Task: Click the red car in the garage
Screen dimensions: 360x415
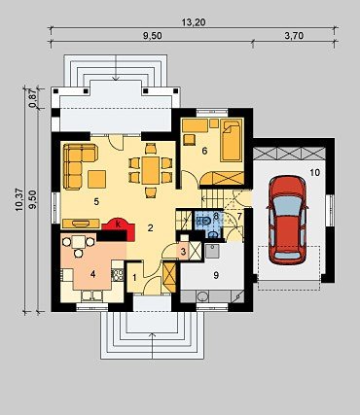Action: click(x=286, y=221)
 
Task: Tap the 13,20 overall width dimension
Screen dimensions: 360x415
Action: click(x=194, y=22)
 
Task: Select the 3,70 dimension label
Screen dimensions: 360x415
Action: click(x=294, y=36)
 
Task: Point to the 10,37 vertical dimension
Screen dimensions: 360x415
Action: click(x=19, y=199)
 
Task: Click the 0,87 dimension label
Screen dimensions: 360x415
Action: click(x=32, y=97)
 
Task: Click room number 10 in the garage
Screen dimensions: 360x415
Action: click(x=314, y=172)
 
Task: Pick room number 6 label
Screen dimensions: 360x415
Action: click(x=204, y=151)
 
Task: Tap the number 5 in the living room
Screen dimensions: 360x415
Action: click(x=96, y=202)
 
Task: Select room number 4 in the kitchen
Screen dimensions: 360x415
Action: click(x=93, y=274)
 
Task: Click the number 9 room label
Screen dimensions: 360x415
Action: click(x=216, y=275)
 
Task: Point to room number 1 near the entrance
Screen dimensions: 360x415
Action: click(x=134, y=278)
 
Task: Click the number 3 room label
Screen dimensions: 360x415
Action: click(x=183, y=252)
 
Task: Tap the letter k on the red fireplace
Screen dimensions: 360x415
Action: click(x=119, y=224)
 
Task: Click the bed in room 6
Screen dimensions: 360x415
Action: click(x=232, y=140)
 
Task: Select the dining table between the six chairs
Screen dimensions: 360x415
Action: click(x=151, y=170)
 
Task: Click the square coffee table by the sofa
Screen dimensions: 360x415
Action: click(x=96, y=179)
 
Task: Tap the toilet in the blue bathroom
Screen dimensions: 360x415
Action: click(x=203, y=222)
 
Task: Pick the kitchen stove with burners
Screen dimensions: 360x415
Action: click(x=118, y=275)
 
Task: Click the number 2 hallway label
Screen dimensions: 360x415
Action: click(x=150, y=228)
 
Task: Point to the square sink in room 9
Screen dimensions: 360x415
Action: click(x=212, y=251)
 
